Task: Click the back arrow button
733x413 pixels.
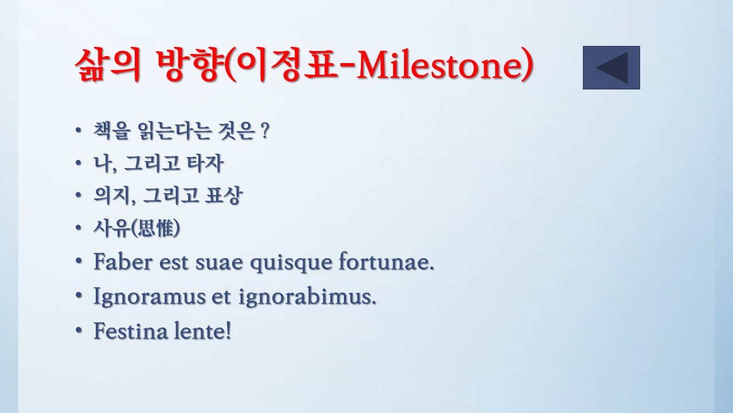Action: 611,68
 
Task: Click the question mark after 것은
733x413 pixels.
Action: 264,132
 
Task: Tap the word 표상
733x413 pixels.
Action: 224,196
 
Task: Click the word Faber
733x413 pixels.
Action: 123,262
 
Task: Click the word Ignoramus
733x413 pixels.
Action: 149,297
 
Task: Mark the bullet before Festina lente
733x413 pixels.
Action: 79,331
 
